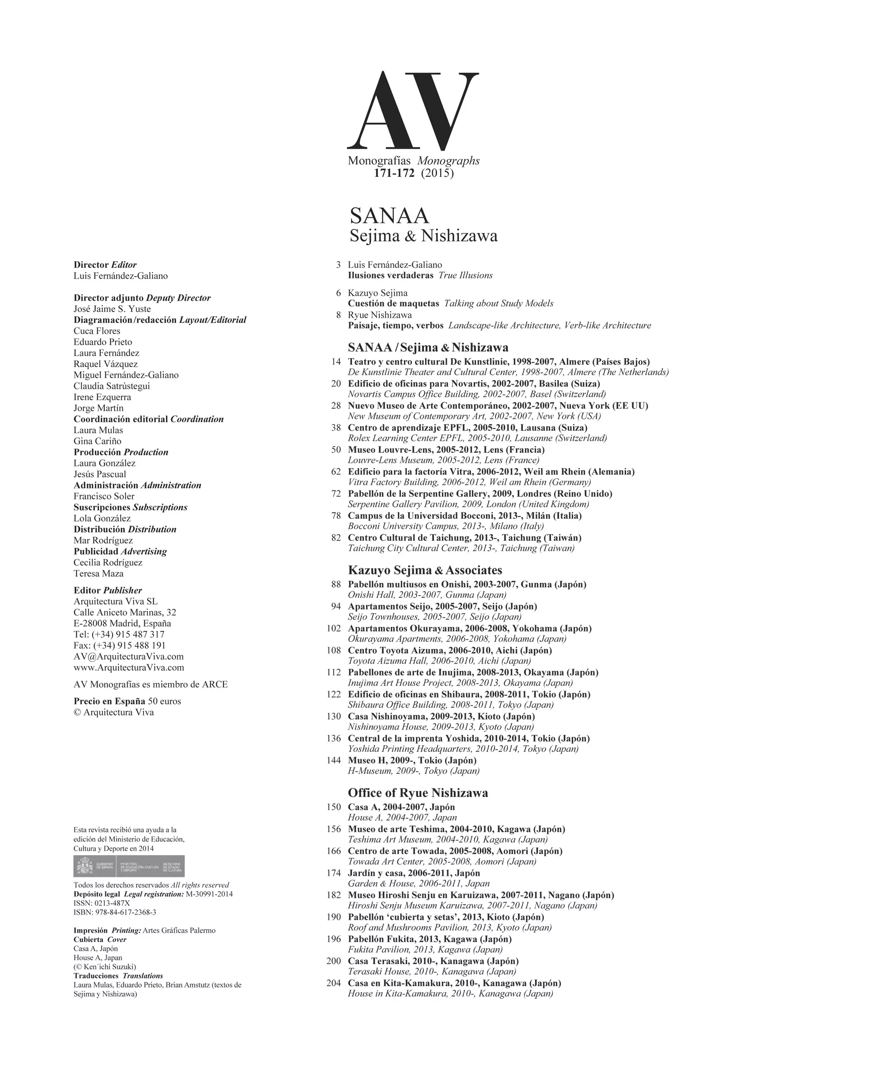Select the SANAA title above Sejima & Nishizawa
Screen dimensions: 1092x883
click(389, 216)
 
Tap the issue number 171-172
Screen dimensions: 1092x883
click(394, 173)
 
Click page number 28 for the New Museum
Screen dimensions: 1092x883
click(336, 405)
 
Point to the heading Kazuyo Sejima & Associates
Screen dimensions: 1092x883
click(425, 570)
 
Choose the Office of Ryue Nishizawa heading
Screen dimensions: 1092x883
click(418, 793)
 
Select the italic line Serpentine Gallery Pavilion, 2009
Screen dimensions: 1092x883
click(468, 504)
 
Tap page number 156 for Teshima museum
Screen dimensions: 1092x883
click(334, 829)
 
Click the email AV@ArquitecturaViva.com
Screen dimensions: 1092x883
click(128, 657)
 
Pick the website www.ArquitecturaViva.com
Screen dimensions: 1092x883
click(128, 668)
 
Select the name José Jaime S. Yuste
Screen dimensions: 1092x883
click(112, 309)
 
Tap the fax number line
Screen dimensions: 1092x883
click(120, 645)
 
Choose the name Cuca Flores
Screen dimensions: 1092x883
click(97, 331)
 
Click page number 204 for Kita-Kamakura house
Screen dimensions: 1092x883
click(334, 983)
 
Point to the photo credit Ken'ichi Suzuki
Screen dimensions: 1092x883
click(105, 967)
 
